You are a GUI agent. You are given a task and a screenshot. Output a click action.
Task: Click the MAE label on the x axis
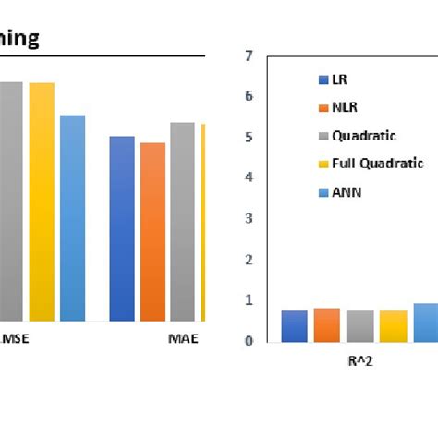click(x=183, y=338)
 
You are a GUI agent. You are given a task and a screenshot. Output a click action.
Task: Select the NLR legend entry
click(x=346, y=107)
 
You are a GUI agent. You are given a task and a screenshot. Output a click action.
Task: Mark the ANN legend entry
click(x=346, y=192)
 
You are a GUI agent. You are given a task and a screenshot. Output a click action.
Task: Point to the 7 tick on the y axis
click(x=248, y=55)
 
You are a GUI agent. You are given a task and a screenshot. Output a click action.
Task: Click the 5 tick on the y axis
click(x=248, y=138)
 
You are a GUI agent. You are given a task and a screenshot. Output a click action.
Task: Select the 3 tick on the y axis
click(x=248, y=219)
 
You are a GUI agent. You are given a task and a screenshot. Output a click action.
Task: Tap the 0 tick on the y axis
click(x=248, y=341)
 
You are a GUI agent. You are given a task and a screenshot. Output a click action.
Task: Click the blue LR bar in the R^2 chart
click(x=294, y=326)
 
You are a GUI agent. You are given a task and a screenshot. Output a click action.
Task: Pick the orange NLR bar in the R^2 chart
click(x=326, y=325)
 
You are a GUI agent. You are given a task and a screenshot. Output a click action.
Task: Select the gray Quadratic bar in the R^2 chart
click(x=359, y=326)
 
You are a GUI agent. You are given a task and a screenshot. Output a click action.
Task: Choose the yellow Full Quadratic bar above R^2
click(x=393, y=326)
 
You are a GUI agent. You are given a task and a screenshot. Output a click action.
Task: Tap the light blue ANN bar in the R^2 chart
click(x=425, y=322)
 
